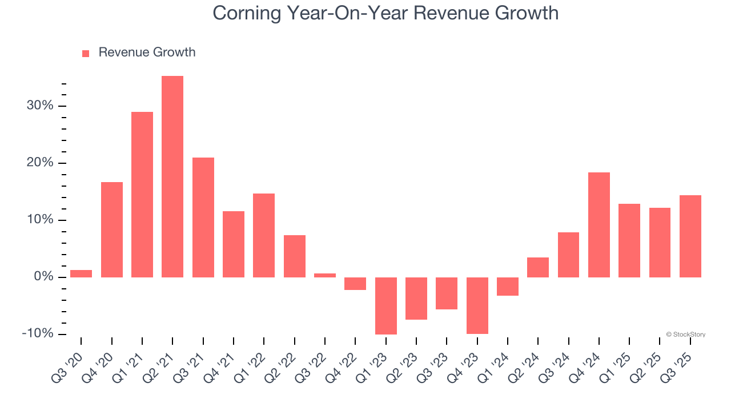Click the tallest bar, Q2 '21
pyautogui.click(x=172, y=177)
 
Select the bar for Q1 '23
pyautogui.click(x=386, y=305)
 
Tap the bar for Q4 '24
pyautogui.click(x=599, y=225)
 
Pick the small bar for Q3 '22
pyautogui.click(x=325, y=275)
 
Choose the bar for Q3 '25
pyautogui.click(x=690, y=236)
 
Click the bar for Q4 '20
pyautogui.click(x=112, y=229)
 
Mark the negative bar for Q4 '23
pyautogui.click(x=477, y=305)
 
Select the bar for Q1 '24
pyautogui.click(x=508, y=287)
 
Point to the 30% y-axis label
pyautogui.click(x=39, y=106)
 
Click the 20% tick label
pyautogui.click(x=39, y=163)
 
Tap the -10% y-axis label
pyautogui.click(x=37, y=333)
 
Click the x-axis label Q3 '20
pyautogui.click(x=69, y=368)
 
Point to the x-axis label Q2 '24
pyautogui.click(x=527, y=368)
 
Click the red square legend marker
pyautogui.click(x=86, y=54)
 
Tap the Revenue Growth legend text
pyautogui.click(x=147, y=53)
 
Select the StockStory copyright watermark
pyautogui.click(x=685, y=335)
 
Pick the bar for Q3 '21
pyautogui.click(x=203, y=217)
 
